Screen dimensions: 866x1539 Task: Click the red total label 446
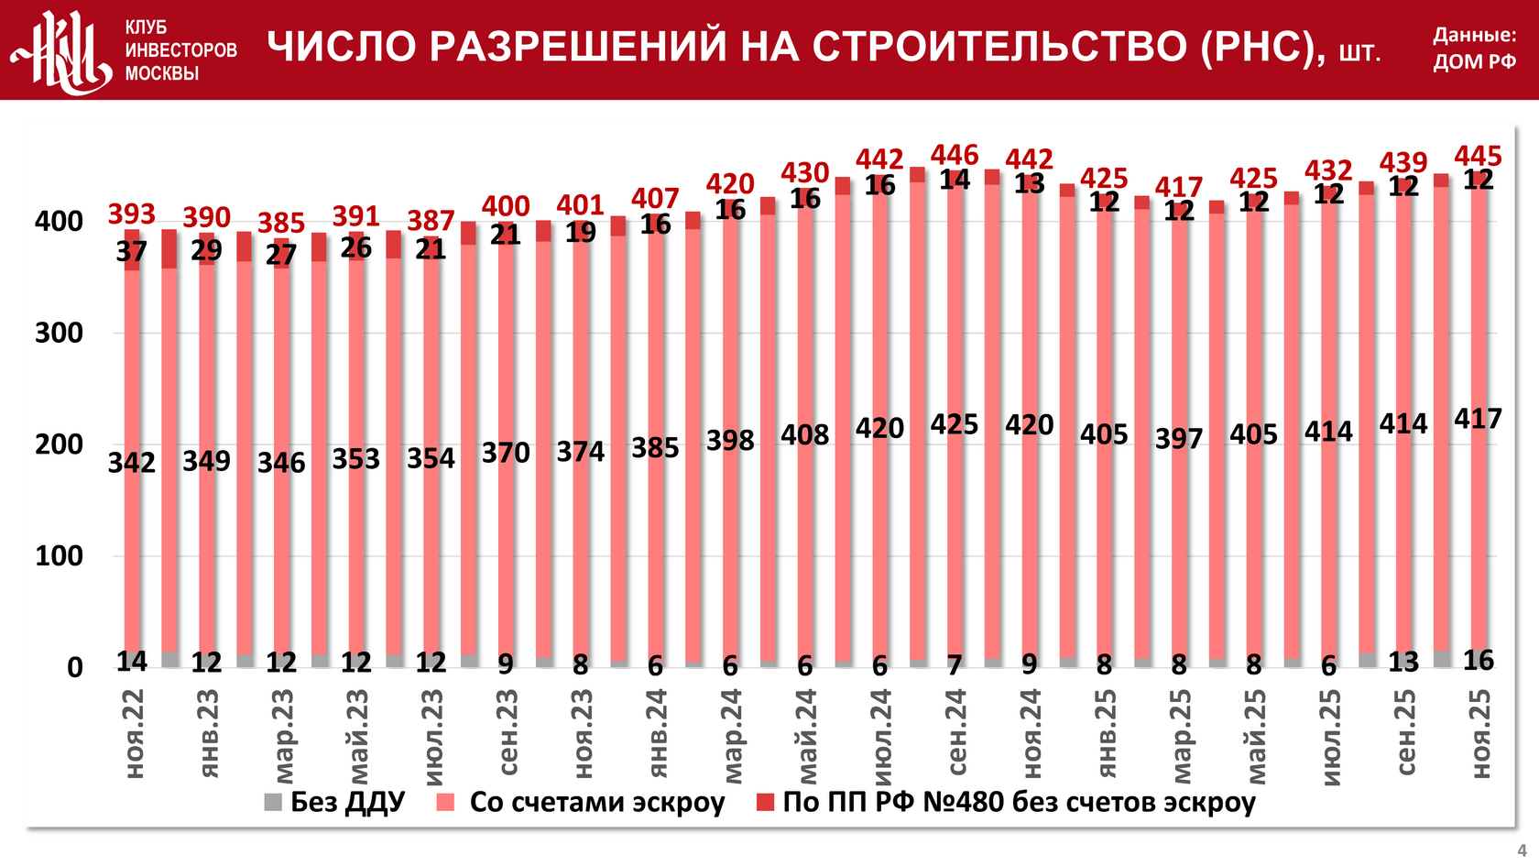click(955, 155)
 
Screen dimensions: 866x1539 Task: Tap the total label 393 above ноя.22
click(132, 214)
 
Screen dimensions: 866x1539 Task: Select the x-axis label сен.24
click(956, 733)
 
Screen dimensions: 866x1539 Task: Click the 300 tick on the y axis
click(59, 333)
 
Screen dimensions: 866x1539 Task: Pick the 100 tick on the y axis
click(59, 555)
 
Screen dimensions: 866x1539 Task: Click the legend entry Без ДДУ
click(334, 802)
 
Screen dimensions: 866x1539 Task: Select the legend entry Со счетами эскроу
click(582, 802)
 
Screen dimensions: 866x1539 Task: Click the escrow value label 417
click(1478, 419)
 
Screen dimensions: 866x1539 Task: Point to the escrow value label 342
click(132, 462)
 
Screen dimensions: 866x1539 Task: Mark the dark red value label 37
click(132, 251)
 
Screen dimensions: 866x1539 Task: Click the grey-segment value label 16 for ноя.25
click(1478, 660)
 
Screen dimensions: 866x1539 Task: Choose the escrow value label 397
click(1179, 438)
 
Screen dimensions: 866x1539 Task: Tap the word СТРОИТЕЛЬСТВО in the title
click(999, 47)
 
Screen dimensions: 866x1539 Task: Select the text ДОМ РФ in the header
click(1474, 62)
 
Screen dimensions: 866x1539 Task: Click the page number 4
click(1522, 850)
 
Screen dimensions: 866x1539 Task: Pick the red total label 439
click(1403, 162)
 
